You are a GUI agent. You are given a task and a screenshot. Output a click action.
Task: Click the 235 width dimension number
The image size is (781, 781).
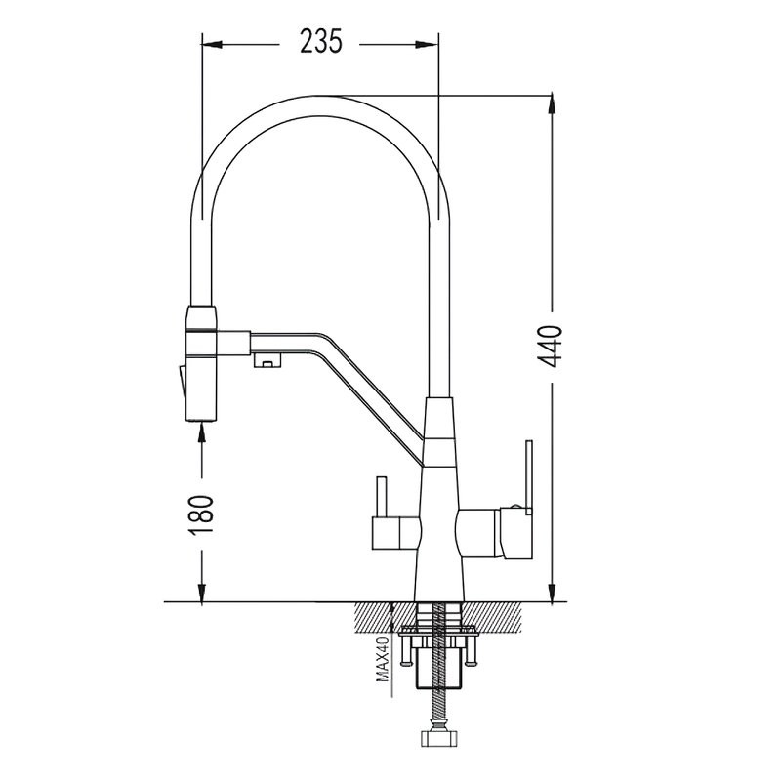point(321,41)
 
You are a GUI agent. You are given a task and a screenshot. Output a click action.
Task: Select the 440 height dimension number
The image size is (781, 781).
point(551,347)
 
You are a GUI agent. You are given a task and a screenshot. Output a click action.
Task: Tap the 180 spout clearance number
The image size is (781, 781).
point(201,515)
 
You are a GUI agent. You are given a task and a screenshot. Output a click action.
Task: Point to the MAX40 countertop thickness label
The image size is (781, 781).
point(383,659)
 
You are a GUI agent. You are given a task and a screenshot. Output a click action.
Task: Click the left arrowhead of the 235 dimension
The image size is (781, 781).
point(212,45)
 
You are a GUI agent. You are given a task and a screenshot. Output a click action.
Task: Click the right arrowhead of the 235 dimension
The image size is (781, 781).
point(428,45)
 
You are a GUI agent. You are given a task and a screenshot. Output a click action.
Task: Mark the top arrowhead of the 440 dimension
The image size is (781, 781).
point(552,104)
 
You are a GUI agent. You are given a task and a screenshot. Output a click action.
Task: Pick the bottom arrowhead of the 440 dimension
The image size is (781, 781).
point(552,592)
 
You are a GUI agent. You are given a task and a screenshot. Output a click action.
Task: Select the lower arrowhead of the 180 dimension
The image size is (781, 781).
point(202,592)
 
